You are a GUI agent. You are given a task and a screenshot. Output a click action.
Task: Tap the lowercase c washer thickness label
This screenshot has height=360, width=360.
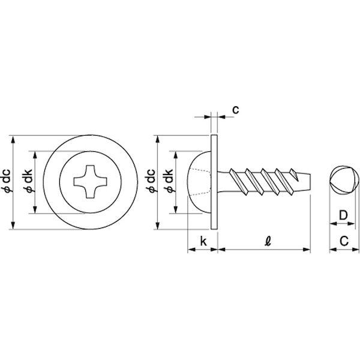pyautogui.click(x=236, y=110)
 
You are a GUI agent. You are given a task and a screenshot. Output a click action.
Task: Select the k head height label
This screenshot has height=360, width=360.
pyautogui.click(x=203, y=241)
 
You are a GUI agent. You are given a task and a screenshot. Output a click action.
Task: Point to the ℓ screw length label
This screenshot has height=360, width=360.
pyautogui.click(x=268, y=241)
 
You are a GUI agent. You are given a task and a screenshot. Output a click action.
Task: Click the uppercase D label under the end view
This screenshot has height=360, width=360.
pyautogui.click(x=343, y=215)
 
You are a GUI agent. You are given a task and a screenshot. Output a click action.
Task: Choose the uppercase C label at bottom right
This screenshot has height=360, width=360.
pyautogui.click(x=344, y=241)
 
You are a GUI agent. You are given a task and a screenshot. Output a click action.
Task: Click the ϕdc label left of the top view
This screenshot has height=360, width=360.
pyautogui.click(x=7, y=181)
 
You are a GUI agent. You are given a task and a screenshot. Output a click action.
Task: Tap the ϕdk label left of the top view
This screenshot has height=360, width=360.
pyautogui.click(x=28, y=181)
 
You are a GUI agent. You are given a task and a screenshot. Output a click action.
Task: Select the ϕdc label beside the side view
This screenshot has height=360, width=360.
pyautogui.click(x=151, y=181)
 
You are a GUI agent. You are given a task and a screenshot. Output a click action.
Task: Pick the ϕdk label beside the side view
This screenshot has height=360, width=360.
pyautogui.click(x=169, y=181)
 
